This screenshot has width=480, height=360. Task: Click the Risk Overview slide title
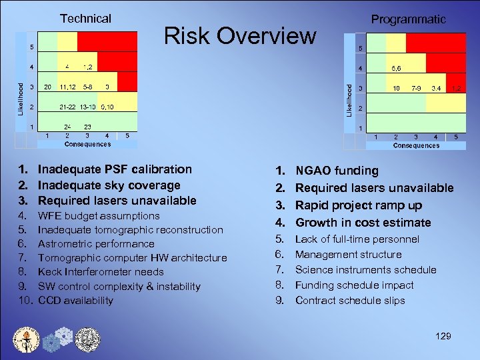(240, 35)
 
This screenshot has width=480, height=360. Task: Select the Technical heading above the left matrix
(85, 19)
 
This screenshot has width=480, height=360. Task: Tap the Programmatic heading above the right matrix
(408, 19)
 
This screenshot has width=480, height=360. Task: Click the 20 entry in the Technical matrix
(47, 87)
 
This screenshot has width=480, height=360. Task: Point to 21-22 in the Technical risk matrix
(67, 107)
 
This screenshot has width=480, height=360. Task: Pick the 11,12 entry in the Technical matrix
(67, 87)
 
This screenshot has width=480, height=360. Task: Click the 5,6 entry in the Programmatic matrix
(395, 68)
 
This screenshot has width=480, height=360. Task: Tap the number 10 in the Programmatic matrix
(395, 88)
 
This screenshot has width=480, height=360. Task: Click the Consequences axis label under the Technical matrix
(87, 144)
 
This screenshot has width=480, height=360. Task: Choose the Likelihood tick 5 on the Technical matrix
(31, 47)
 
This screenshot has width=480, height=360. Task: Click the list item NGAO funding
(337, 171)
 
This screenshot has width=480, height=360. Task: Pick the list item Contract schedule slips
(349, 300)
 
